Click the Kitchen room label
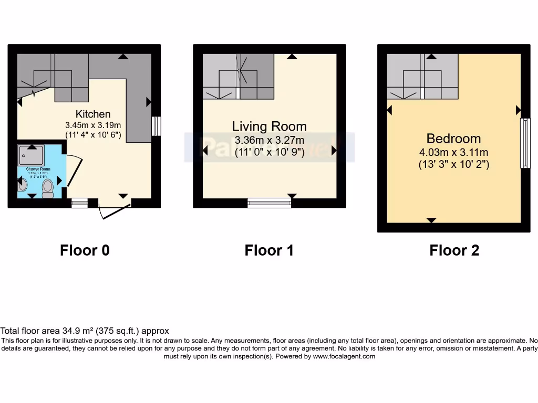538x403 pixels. [x=93, y=114]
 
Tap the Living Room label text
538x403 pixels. [x=269, y=126]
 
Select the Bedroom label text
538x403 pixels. [x=453, y=139]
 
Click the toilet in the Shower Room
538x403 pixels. [x=48, y=188]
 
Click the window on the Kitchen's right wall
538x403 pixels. [x=156, y=126]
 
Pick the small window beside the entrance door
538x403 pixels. [x=79, y=203]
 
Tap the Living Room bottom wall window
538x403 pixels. [x=269, y=203]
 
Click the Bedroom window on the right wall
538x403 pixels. [x=525, y=143]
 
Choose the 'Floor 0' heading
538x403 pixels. [x=85, y=250]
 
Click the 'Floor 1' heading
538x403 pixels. [x=269, y=250]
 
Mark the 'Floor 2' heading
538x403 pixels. [x=454, y=250]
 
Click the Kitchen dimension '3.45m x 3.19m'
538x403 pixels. [x=93, y=125]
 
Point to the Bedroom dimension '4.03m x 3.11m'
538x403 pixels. [x=453, y=153]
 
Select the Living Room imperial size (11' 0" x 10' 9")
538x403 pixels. [x=269, y=153]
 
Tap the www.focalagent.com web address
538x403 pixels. [x=344, y=356]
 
